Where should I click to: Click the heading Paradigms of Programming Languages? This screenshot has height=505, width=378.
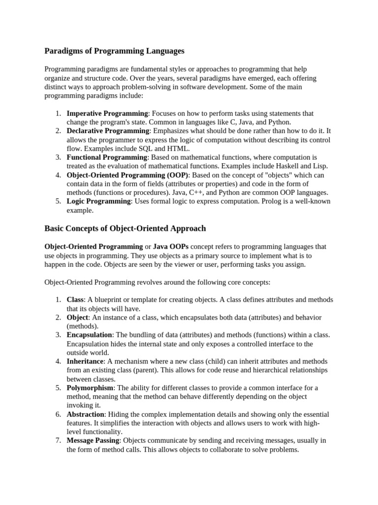[114, 51]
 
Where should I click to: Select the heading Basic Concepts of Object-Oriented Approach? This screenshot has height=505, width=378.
[125, 228]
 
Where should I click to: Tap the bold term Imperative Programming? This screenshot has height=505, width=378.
[107, 113]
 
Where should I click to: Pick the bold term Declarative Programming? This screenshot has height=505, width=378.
[108, 131]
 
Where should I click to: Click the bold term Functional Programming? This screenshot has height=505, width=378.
[107, 157]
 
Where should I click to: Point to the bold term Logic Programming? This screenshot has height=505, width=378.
[99, 201]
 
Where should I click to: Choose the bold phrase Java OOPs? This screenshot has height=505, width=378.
[171, 246]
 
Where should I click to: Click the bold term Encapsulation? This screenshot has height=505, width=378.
[90, 335]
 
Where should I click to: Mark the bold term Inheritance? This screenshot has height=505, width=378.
[85, 361]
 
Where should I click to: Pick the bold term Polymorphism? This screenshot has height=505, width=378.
[90, 388]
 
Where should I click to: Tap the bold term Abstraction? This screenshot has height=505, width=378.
[86, 414]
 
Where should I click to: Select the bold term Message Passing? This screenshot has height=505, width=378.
[93, 440]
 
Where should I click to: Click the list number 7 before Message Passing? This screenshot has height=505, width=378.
[57, 440]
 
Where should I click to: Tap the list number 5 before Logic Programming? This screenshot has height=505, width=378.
[57, 201]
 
